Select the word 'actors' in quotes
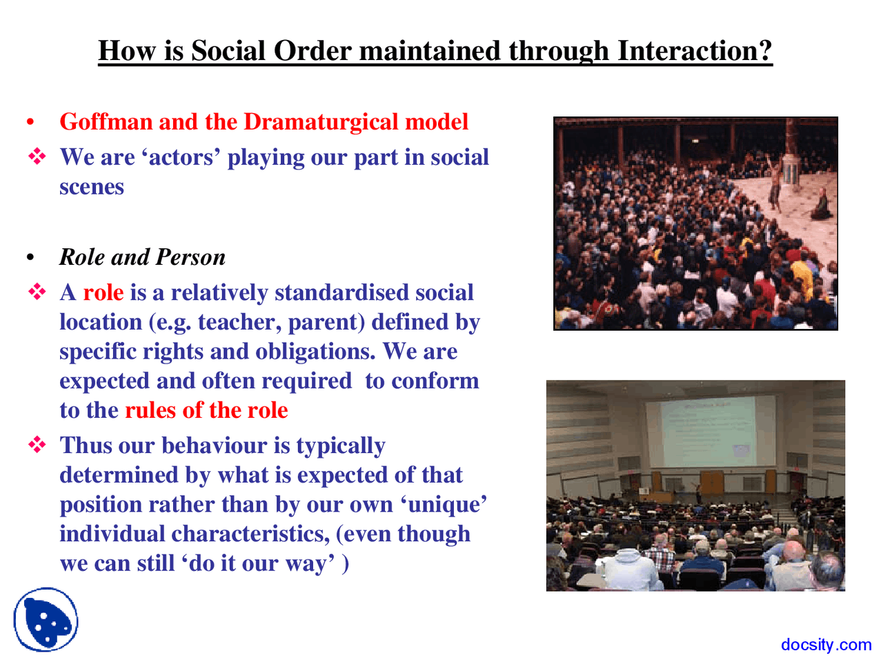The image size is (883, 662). (x=181, y=158)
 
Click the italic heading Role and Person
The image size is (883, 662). (x=142, y=257)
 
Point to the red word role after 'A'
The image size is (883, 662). (x=103, y=293)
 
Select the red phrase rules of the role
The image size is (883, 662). (x=206, y=410)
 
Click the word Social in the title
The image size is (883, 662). (x=229, y=51)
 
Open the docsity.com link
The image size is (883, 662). (x=826, y=645)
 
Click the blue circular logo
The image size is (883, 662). (x=46, y=620)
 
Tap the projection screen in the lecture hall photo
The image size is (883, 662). (x=708, y=431)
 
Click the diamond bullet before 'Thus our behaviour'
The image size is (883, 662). (x=37, y=445)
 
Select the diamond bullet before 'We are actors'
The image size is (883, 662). (x=37, y=157)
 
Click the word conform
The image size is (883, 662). (x=435, y=381)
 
